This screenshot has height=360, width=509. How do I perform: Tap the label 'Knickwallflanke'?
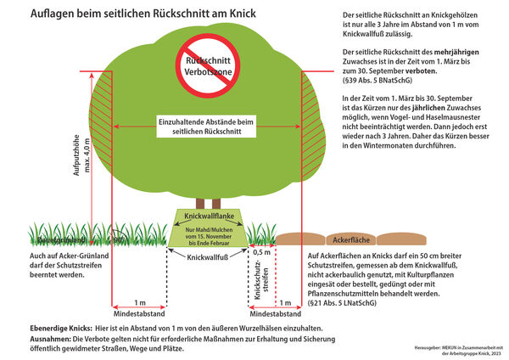[209, 217]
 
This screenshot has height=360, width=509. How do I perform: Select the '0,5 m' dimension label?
[260, 252]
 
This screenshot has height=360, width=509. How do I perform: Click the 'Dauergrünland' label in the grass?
[53, 240]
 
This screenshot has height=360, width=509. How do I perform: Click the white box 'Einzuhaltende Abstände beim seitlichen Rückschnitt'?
[209, 127]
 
